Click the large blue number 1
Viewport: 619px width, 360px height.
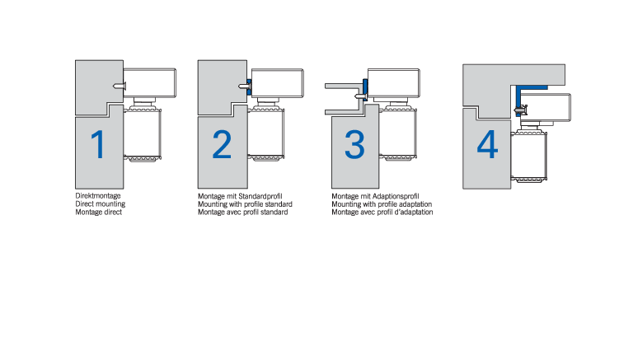[x=98, y=145]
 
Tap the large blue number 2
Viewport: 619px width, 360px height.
[x=222, y=145]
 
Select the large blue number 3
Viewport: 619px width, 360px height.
[x=354, y=145]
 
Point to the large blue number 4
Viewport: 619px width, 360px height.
[x=488, y=145]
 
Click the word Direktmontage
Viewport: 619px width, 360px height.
[x=98, y=196]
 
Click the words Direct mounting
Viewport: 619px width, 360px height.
[x=101, y=203]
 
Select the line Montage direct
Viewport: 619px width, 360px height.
[x=99, y=212]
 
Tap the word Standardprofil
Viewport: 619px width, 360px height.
[x=260, y=196]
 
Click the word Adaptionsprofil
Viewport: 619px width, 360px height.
[x=396, y=196]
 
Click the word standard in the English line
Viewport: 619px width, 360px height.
[x=279, y=204]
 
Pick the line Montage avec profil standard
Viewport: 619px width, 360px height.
[x=243, y=212]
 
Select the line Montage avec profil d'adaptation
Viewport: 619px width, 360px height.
[x=382, y=212]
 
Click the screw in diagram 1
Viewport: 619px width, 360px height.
[x=119, y=86]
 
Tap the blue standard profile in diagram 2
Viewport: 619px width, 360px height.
[x=249, y=86]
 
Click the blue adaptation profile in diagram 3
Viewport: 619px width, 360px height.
[x=365, y=90]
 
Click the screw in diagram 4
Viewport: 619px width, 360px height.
[x=521, y=110]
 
